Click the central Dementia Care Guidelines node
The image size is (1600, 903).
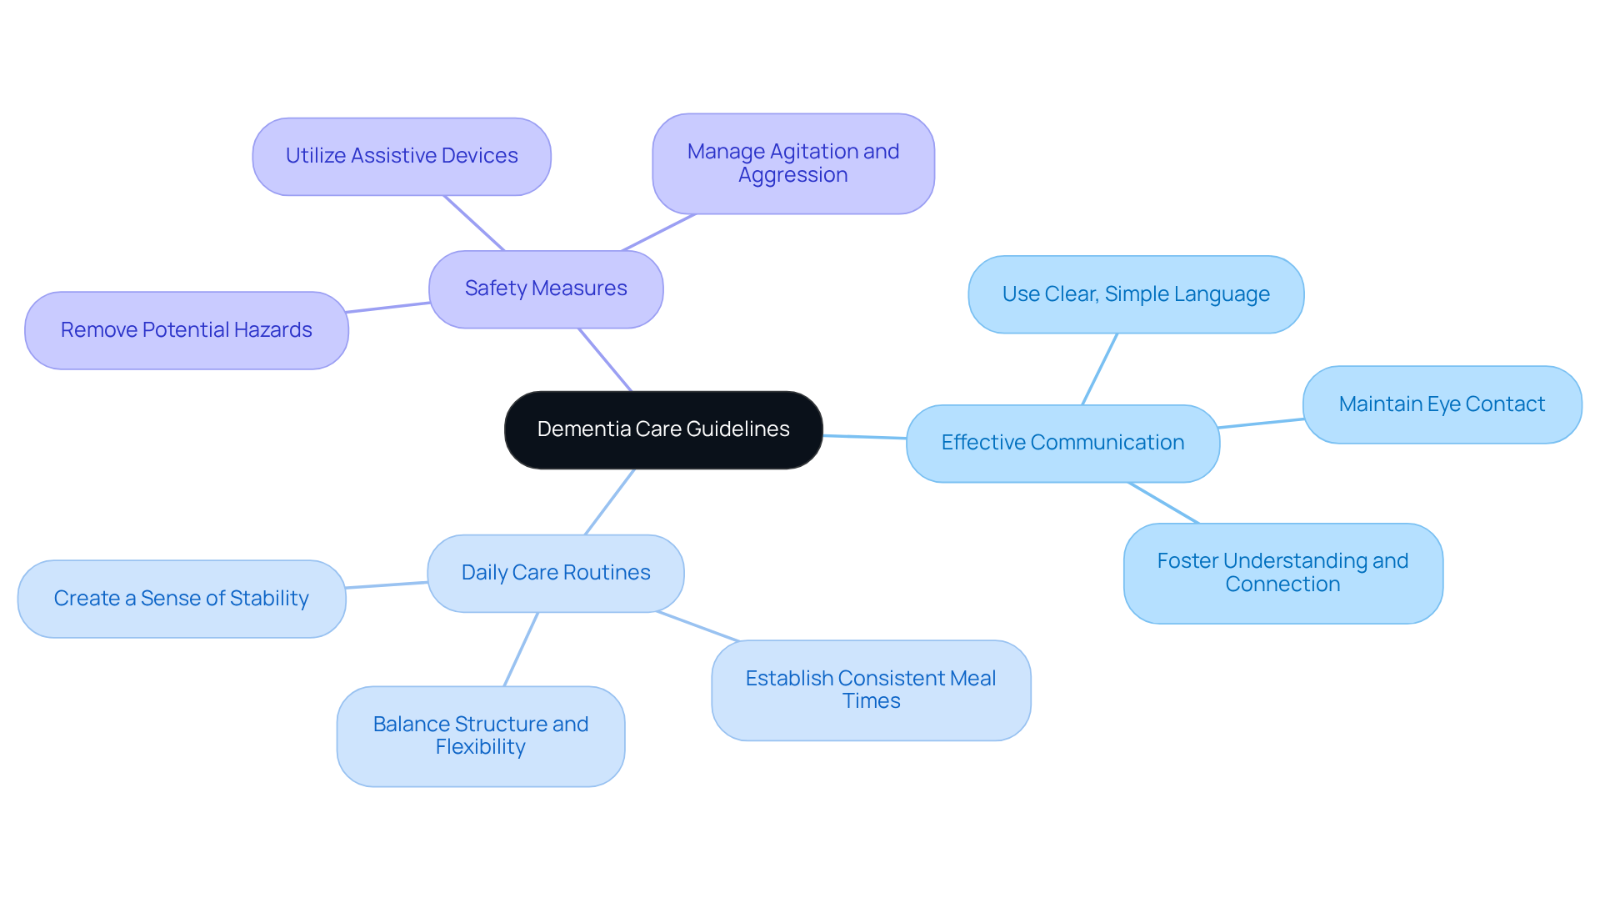pyautogui.click(x=663, y=429)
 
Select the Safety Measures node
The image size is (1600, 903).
pyautogui.click(x=546, y=288)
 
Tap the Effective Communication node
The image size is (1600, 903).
pyautogui.click(x=1062, y=443)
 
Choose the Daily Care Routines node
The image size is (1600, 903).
pyautogui.click(x=556, y=573)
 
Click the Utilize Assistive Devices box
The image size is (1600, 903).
pyautogui.click(x=402, y=156)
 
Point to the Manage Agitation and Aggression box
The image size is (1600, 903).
pyautogui.click(x=793, y=163)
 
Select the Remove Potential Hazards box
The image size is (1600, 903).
pyautogui.click(x=187, y=330)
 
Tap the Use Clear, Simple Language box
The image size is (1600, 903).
pyautogui.click(x=1136, y=294)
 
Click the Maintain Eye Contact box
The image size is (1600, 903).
pyautogui.click(x=1442, y=404)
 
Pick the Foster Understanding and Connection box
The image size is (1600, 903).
pyautogui.click(x=1282, y=573)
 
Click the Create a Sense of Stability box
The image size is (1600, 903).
pyautogui.click(x=182, y=599)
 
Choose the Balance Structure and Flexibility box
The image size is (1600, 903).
pyautogui.click(x=481, y=735)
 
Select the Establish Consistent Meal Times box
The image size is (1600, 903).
pyautogui.click(x=871, y=690)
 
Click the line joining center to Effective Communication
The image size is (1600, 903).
pyautogui.click(x=865, y=436)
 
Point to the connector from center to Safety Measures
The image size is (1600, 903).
pyautogui.click(x=606, y=359)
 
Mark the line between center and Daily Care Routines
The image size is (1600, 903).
pyautogui.click(x=610, y=501)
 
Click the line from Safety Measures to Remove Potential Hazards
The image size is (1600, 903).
pyautogui.click(x=388, y=308)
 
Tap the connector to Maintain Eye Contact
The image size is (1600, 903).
pyautogui.click(x=1261, y=424)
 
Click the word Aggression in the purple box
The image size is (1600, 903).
pyautogui.click(x=793, y=175)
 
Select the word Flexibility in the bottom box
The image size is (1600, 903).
pyautogui.click(x=481, y=747)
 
